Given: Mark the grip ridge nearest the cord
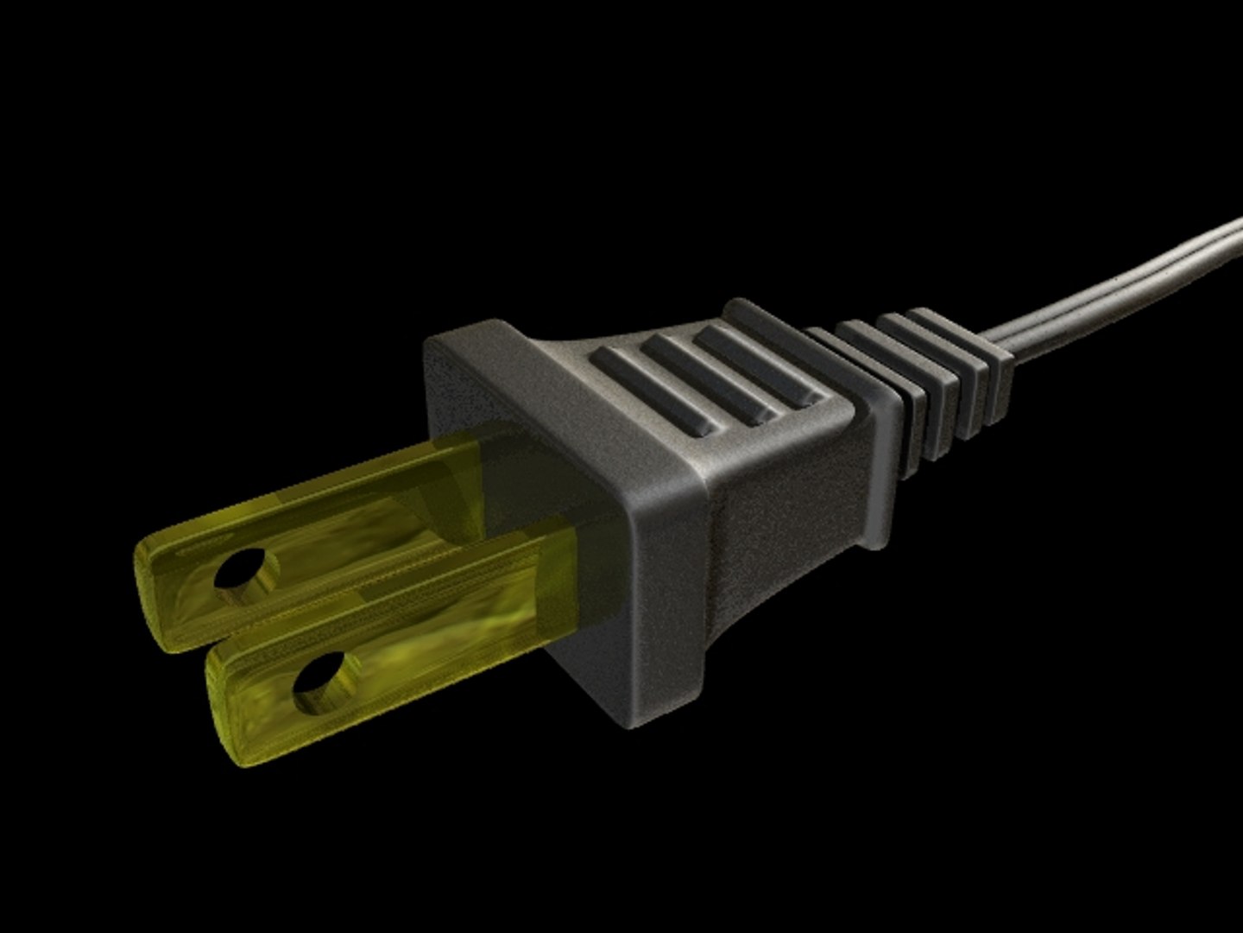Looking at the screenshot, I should pyautogui.click(x=760, y=364).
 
